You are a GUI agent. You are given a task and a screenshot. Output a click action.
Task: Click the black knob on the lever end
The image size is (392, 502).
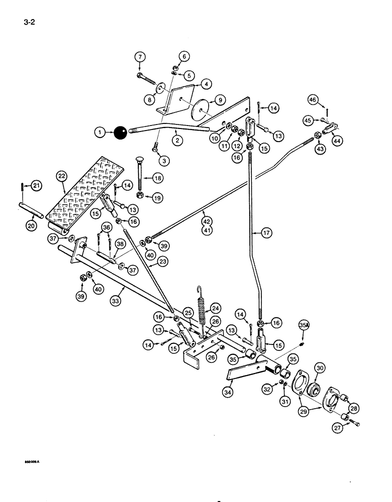pyautogui.click(x=121, y=133)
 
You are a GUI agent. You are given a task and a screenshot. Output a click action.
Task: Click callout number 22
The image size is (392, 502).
pyautogui.click(x=61, y=176)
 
